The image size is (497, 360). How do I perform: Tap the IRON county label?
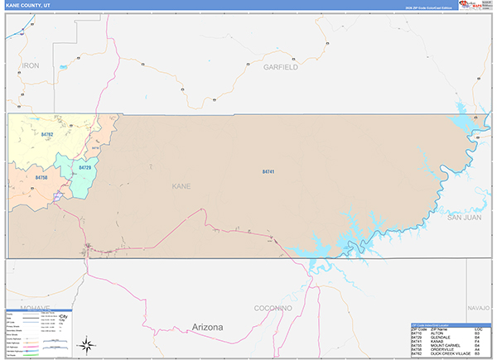click(31, 65)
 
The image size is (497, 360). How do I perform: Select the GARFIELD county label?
click(280, 67)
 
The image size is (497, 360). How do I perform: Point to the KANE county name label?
click(181, 186)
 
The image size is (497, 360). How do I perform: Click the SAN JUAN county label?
click(464, 218)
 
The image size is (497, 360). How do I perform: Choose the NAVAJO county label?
click(479, 307)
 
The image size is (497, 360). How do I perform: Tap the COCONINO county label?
click(273, 308)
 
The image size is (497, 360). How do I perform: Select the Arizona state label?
click(206, 328)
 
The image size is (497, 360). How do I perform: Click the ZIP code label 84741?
click(268, 171)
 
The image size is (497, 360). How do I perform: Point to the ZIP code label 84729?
click(84, 168)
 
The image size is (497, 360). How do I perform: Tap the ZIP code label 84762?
click(47, 134)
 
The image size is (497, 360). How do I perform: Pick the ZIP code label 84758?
click(41, 177)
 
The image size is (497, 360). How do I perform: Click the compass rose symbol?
click(86, 343)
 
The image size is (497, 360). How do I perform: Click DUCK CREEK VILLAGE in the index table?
click(452, 353)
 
